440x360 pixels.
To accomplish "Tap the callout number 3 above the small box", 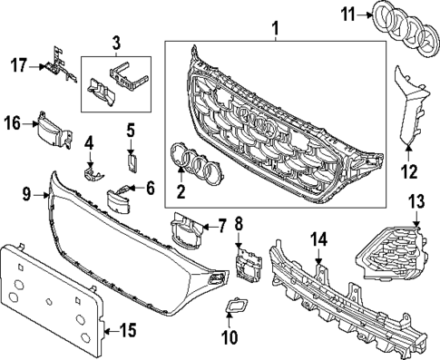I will (115, 42).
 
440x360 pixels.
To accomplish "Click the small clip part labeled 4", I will (90, 170).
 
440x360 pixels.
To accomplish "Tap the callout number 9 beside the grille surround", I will (26, 192).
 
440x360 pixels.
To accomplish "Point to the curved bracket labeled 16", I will (54, 131).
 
